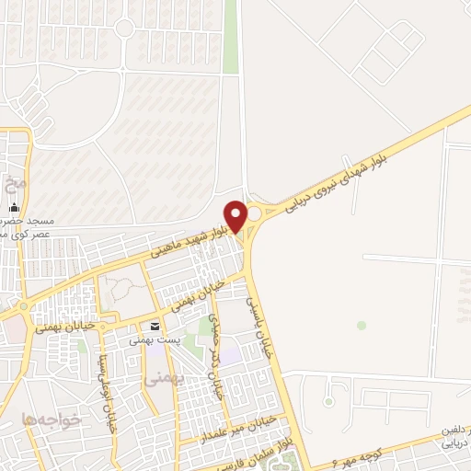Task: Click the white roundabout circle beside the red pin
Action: (x=253, y=213)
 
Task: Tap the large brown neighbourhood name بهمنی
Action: (x=166, y=377)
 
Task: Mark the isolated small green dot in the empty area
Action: (x=362, y=325)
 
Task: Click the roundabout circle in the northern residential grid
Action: (x=125, y=28)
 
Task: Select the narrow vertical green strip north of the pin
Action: (x=230, y=37)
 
